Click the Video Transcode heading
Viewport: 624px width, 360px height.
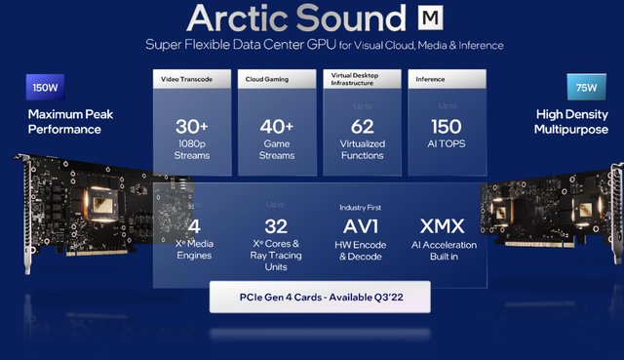coord(182,77)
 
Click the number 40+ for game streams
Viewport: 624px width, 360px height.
coord(279,126)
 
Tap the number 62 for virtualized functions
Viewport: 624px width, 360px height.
coord(362,125)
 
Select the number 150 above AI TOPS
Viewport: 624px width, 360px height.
coord(445,125)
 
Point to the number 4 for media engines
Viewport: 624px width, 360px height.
coord(193,228)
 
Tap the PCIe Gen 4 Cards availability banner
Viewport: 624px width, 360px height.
coord(319,297)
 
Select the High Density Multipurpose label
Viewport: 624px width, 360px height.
coord(572,121)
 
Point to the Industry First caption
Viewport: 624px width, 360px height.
coord(364,208)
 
